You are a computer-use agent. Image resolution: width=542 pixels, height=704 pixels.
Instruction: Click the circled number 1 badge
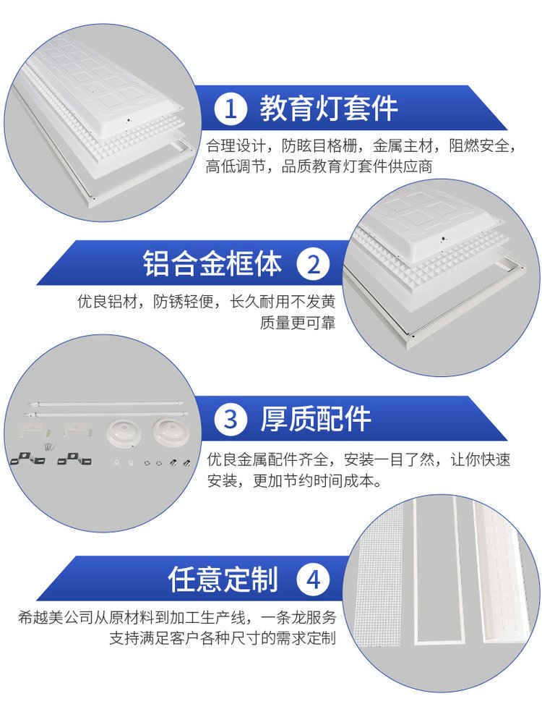[x=231, y=109]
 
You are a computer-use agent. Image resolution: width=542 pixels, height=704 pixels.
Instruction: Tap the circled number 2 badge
[x=313, y=263]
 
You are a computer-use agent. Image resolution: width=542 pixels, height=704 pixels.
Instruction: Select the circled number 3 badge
[x=231, y=420]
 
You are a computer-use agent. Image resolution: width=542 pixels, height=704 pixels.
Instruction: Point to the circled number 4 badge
[x=313, y=579]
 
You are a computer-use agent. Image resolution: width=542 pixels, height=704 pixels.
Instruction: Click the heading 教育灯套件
[x=329, y=109]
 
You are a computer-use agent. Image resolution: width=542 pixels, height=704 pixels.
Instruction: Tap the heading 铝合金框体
[x=212, y=263]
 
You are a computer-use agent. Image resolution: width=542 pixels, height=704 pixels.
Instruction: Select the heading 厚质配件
[x=316, y=420]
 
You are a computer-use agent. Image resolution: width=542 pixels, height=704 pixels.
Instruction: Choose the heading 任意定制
[x=223, y=579]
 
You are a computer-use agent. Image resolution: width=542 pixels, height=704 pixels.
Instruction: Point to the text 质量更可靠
[x=298, y=323]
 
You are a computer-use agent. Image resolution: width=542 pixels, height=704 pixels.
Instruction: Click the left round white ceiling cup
[x=122, y=431]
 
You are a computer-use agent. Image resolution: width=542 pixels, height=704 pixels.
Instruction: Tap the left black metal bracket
[x=27, y=459]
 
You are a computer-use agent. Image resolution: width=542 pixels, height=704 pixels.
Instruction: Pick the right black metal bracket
[x=74, y=459]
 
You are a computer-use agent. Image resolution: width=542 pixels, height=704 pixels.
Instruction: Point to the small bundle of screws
[x=49, y=446]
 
